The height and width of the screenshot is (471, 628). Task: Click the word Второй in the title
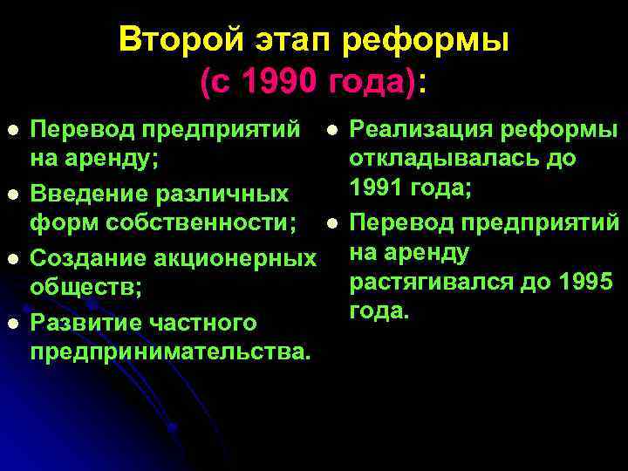pyautogui.click(x=175, y=39)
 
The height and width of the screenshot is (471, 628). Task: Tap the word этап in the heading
pyautogui.click(x=286, y=39)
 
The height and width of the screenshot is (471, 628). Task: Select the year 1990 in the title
pyautogui.click(x=281, y=83)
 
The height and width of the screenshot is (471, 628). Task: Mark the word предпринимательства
pyautogui.click(x=170, y=353)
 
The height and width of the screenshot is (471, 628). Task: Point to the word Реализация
pyautogui.click(x=422, y=130)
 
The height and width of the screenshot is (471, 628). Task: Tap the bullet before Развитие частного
pyautogui.click(x=11, y=322)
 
